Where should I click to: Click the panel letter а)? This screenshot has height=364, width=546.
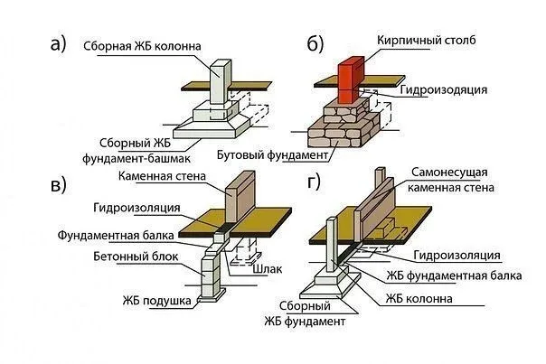point(57,45)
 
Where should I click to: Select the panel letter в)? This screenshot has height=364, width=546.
point(58,187)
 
